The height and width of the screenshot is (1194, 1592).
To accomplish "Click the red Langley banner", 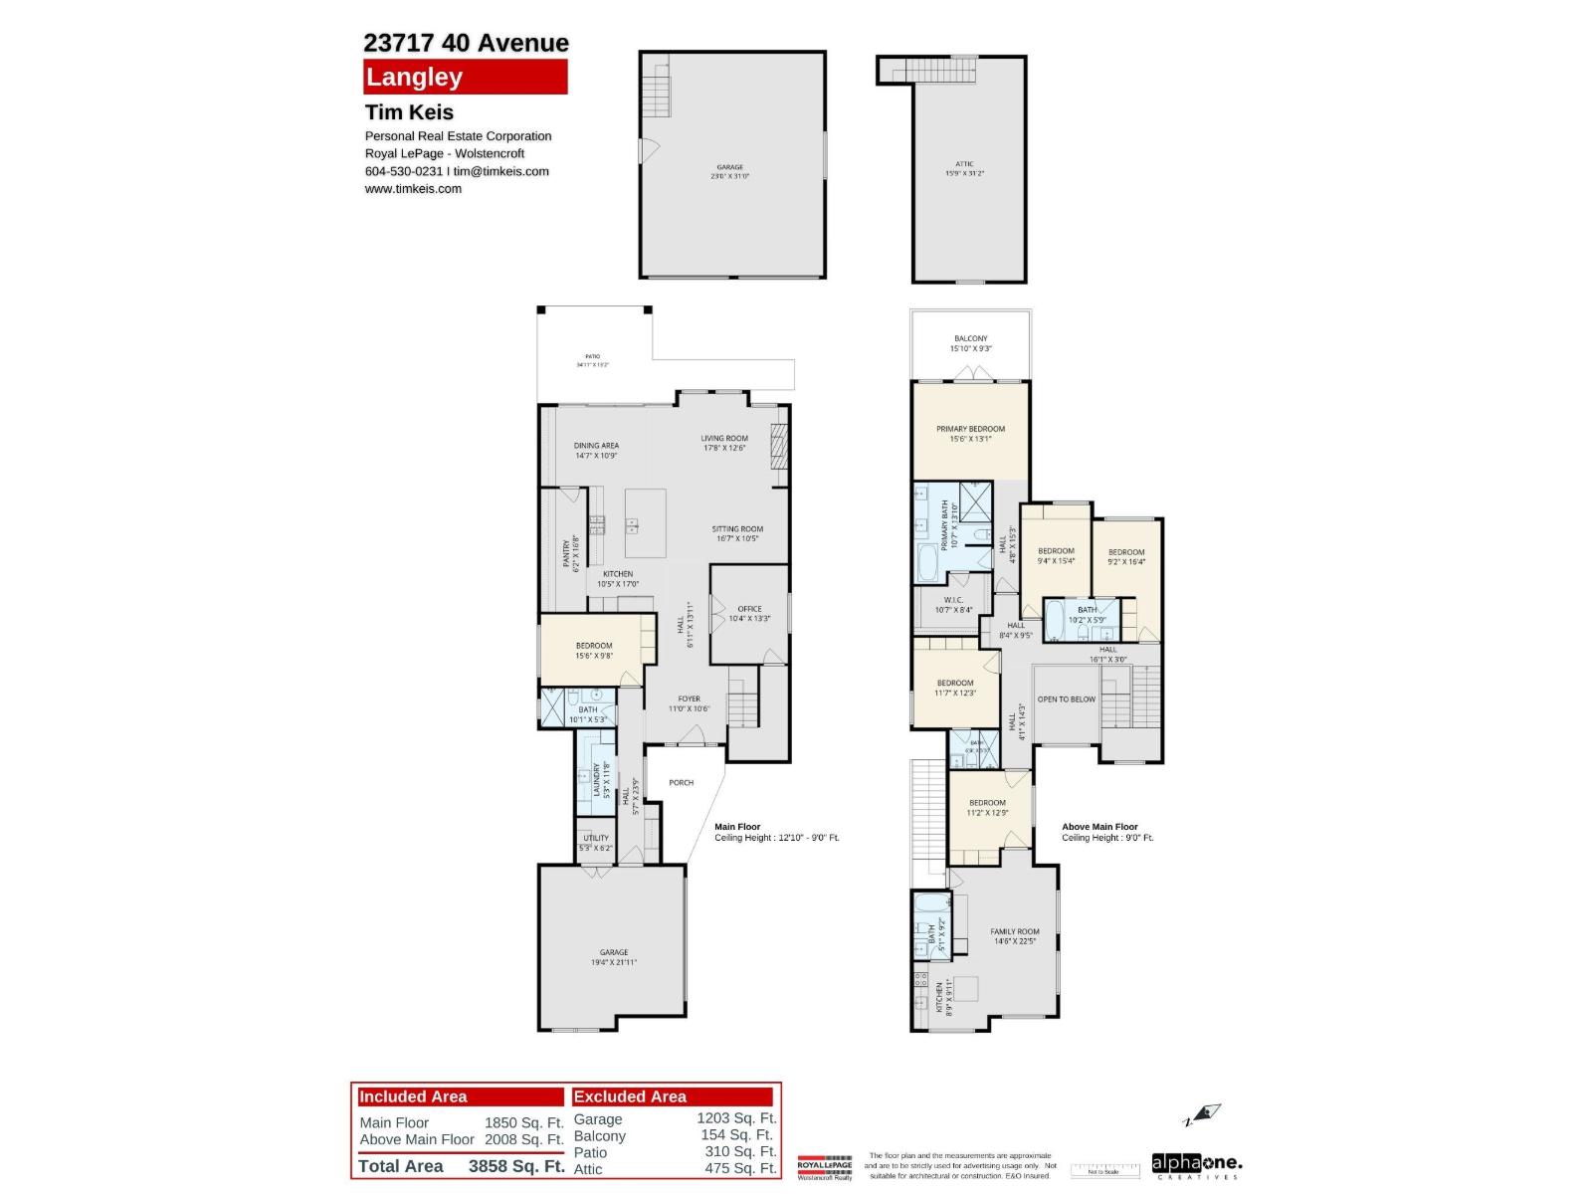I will tap(465, 77).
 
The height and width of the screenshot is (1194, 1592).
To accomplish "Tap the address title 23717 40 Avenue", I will tap(466, 43).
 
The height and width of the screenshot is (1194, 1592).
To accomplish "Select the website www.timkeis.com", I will tap(413, 189).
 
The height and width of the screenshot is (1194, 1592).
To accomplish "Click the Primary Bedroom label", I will tap(970, 429).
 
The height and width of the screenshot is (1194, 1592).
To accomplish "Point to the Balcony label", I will tap(970, 339).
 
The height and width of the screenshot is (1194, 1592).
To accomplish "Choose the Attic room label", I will tap(964, 164).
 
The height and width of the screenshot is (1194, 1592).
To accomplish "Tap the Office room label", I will tap(749, 609).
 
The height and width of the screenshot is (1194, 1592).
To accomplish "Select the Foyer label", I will tap(689, 699).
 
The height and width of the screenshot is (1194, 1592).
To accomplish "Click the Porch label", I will tap(681, 783).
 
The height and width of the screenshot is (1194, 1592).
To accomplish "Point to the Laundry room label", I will tap(597, 780).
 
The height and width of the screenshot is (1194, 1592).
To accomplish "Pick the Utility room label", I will tap(596, 839).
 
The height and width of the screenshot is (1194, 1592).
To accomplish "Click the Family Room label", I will tap(1014, 932).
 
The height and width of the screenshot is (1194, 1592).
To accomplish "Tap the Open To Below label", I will tap(1066, 699).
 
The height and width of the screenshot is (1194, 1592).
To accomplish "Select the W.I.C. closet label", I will tap(953, 600).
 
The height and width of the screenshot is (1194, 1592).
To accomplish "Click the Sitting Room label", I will tap(736, 529).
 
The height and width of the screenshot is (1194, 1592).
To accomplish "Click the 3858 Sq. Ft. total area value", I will tap(515, 1166).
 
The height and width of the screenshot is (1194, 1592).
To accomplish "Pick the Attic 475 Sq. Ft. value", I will tap(739, 1168).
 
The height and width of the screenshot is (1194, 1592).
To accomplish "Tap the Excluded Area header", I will tap(630, 1096).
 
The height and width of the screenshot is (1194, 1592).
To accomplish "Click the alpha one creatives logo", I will tap(1197, 1163).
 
